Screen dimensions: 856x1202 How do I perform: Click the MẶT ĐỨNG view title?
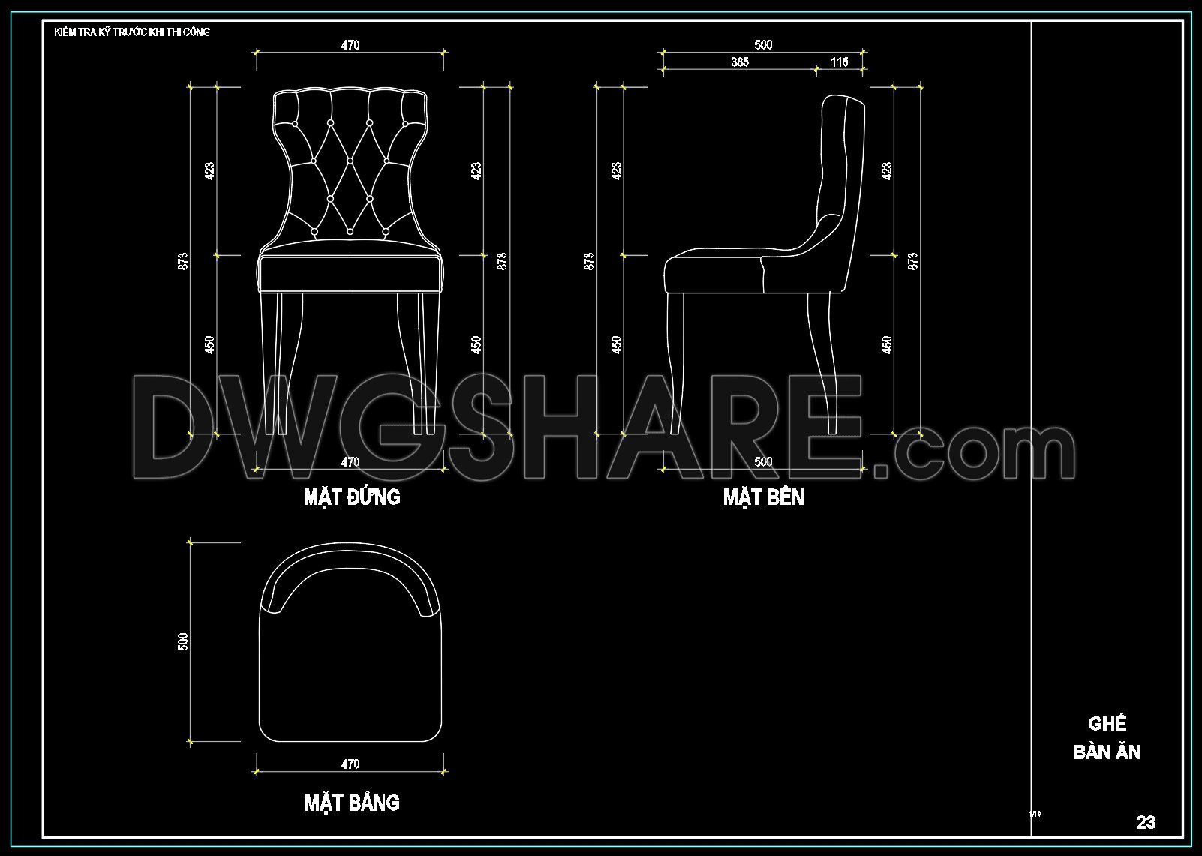(352, 497)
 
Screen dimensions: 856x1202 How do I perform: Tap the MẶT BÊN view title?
(763, 497)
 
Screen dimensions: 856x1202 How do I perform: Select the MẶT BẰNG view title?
(352, 803)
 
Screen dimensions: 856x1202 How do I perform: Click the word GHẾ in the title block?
(1107, 724)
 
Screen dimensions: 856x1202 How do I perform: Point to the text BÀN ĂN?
(1107, 752)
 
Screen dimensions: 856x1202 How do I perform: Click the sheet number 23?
(1146, 822)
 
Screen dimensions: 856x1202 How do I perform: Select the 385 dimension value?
(740, 62)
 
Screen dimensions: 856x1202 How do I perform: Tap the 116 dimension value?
(840, 62)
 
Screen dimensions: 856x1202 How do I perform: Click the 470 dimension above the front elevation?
(350, 45)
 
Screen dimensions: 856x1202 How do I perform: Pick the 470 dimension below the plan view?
(350, 764)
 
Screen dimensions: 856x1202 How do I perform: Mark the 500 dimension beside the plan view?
(184, 642)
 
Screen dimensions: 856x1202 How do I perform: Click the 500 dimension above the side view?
(763, 45)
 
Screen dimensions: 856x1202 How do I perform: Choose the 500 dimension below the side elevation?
(763, 462)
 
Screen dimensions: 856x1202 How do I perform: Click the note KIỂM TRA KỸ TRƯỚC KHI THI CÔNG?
(132, 32)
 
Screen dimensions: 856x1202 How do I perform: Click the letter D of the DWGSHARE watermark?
(176, 428)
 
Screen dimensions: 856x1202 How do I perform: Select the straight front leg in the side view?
(675, 360)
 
